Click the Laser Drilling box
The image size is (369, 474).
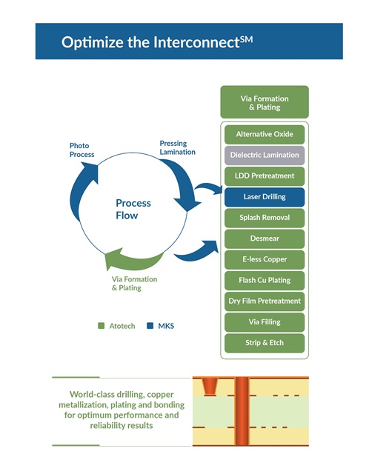tap(265, 197)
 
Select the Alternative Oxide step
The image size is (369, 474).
tap(265, 135)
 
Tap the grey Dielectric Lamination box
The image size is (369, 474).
tap(265, 156)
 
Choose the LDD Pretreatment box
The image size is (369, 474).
tap(265, 176)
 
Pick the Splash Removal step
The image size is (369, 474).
tap(265, 218)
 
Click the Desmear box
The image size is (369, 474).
tap(265, 238)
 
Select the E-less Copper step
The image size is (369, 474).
tap(265, 260)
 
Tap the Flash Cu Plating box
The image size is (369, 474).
tap(265, 281)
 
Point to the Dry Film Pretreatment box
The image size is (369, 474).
tap(265, 301)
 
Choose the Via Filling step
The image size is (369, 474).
tap(265, 322)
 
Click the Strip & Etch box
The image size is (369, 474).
tap(265, 343)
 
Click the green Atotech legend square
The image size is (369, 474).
tap(102, 326)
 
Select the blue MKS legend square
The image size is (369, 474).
tap(150, 326)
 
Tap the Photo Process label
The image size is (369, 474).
tap(82, 150)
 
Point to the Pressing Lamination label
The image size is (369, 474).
tap(177, 147)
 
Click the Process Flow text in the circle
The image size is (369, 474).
tap(133, 209)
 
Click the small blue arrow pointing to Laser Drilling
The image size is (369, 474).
tap(209, 187)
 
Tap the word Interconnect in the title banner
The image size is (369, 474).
tap(196, 42)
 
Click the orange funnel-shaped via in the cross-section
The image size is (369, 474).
tap(210, 386)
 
